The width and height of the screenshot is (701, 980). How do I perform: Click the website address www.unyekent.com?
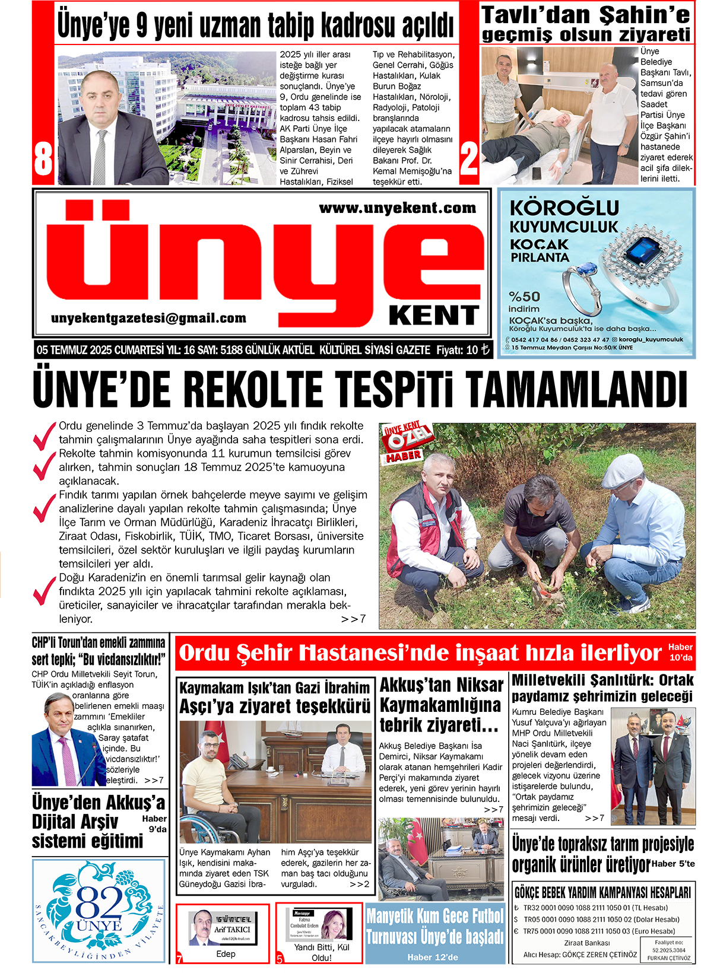pyautogui.click(x=397, y=208)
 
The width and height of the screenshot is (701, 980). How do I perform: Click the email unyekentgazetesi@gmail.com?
pyautogui.click(x=148, y=319)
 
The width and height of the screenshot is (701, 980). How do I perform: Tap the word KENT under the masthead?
pyautogui.click(x=434, y=316)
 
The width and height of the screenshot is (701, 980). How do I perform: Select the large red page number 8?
pyautogui.click(x=43, y=158)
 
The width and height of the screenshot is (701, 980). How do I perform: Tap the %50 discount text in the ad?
pyautogui.click(x=524, y=297)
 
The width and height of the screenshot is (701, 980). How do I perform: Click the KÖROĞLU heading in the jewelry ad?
pyautogui.click(x=564, y=208)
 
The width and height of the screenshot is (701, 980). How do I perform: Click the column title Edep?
pyautogui.click(x=226, y=954)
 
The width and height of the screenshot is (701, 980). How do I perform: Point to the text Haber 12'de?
pyautogui.click(x=432, y=957)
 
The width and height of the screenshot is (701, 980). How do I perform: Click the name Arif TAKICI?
pyautogui.click(x=232, y=930)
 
